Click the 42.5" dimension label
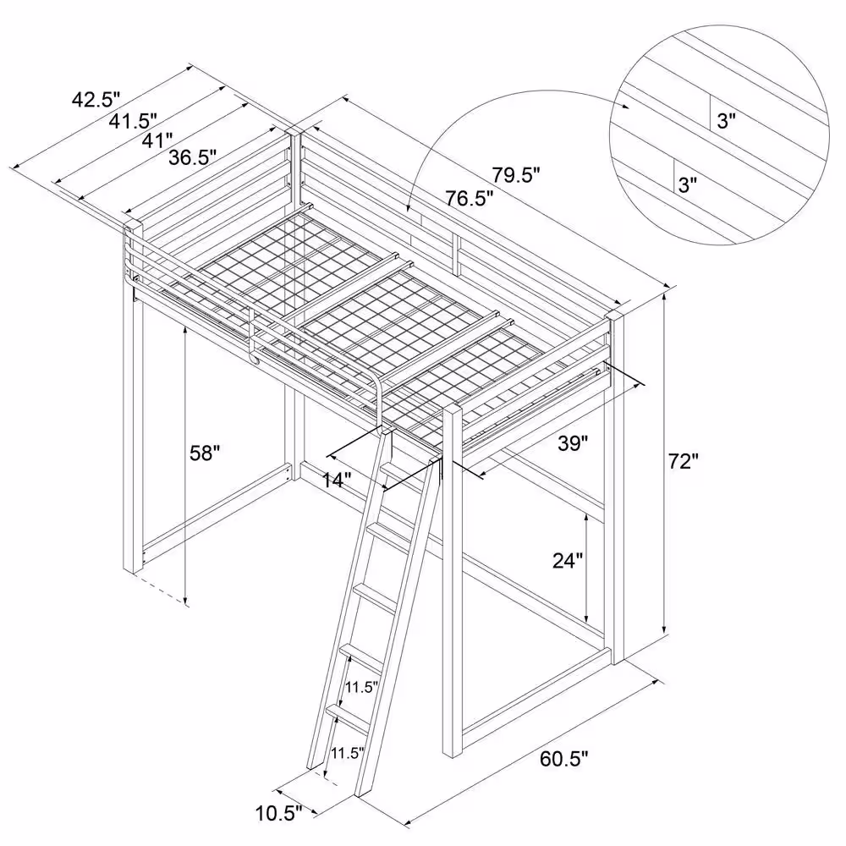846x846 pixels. click(96, 100)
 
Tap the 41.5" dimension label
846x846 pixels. click(133, 121)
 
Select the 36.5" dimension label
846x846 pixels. click(193, 157)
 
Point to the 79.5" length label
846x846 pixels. click(516, 175)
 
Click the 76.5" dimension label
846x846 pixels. click(470, 199)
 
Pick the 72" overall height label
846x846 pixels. click(684, 461)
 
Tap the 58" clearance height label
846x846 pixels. click(205, 453)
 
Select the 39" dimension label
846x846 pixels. click(573, 443)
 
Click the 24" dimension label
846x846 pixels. click(568, 561)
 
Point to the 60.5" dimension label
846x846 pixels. click(563, 759)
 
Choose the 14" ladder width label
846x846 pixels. click(337, 480)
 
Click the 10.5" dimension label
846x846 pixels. click(278, 813)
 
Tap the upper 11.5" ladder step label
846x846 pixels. click(361, 687)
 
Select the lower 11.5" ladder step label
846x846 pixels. click(348, 753)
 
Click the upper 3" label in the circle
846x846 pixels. click(726, 121)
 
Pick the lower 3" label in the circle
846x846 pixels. click(687, 185)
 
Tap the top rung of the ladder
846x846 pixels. click(403, 475)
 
